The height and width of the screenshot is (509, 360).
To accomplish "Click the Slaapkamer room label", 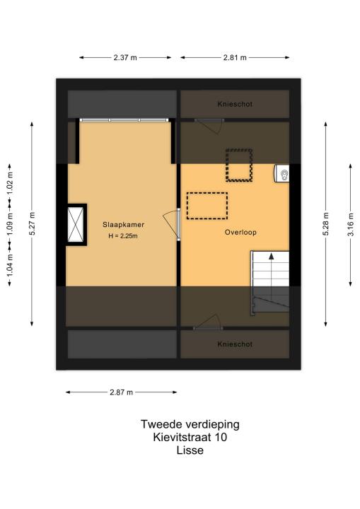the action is click(124, 224).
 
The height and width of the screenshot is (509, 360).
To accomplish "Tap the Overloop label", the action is click(240, 232).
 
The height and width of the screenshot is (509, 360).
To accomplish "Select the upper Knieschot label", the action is click(235, 104).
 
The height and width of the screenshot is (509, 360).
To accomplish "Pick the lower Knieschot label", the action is click(235, 344).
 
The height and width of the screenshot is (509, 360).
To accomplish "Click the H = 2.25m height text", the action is click(123, 236).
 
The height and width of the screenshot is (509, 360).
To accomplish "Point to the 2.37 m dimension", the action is click(125, 57).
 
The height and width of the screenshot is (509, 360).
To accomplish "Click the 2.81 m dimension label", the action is click(235, 57).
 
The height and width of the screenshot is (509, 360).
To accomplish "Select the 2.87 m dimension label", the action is click(121, 392).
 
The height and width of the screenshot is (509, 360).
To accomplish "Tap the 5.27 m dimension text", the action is click(32, 223).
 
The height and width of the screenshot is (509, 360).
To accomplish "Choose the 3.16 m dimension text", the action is click(351, 225).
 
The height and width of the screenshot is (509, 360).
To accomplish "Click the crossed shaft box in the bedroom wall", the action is click(76, 225).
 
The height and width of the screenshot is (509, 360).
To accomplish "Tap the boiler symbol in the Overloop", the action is click(281, 173).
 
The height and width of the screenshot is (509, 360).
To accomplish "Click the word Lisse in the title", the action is click(190, 450).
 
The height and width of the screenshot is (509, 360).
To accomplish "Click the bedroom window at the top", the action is click(124, 120).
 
